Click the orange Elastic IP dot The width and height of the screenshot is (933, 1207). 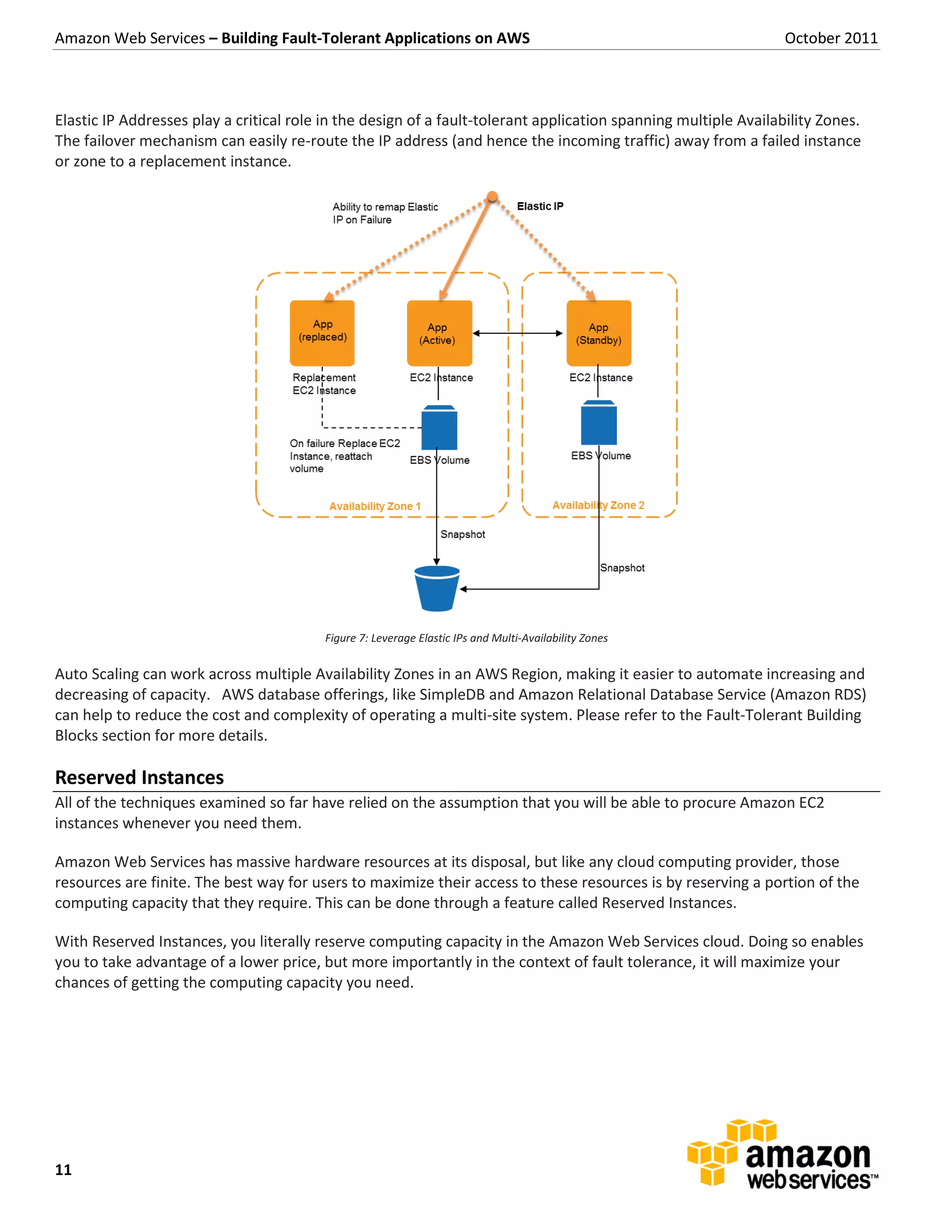(492, 197)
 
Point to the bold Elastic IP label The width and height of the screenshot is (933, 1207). (540, 206)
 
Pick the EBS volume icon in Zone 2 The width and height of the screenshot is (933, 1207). (599, 423)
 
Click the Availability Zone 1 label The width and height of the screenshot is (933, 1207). (375, 506)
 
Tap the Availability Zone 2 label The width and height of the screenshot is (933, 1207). (598, 505)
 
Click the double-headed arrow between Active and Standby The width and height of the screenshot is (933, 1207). (518, 333)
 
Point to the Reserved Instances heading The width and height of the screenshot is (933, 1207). (139, 777)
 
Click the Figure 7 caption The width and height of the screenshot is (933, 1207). (466, 638)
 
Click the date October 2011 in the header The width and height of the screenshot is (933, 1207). (831, 38)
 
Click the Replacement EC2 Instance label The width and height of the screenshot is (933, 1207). (324, 384)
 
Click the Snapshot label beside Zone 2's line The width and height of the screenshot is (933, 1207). (622, 568)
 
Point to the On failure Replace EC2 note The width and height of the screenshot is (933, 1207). (344, 456)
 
